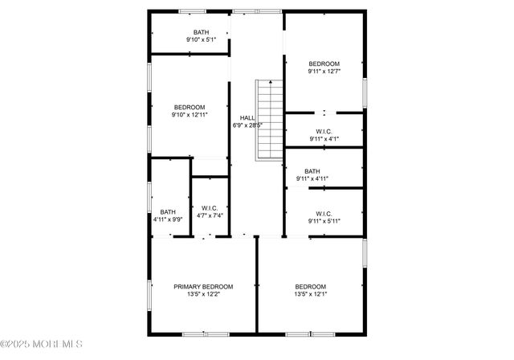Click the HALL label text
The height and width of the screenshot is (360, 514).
[247, 118]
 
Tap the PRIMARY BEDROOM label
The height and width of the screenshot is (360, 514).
[203, 287]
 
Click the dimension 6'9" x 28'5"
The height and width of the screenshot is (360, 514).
[247, 125]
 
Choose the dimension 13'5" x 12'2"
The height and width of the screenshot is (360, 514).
[203, 294]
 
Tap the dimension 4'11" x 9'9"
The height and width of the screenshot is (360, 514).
[167, 219]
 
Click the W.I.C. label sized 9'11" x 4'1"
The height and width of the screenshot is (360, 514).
[324, 131]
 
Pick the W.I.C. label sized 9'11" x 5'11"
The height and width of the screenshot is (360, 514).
[324, 213]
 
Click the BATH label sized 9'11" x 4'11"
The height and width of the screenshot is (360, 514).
[312, 171]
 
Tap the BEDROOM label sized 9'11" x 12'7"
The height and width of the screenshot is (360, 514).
[324, 63]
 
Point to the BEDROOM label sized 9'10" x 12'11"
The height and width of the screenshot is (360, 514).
[190, 107]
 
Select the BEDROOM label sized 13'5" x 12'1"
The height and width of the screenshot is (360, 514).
[310, 287]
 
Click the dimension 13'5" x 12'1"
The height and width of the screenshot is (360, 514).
[310, 294]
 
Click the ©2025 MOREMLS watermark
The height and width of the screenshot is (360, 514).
[42, 344]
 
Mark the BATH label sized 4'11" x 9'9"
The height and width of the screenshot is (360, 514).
[167, 211]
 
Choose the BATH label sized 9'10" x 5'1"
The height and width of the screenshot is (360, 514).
[201, 32]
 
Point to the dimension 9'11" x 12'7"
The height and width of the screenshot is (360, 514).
[324, 71]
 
